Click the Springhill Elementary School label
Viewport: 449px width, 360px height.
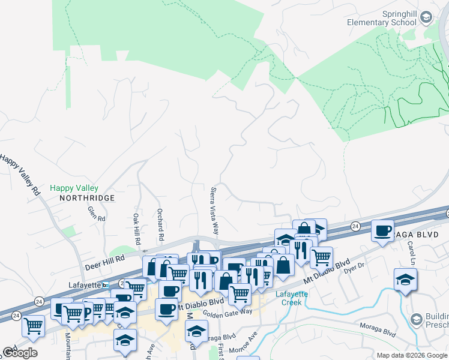pos(382,18)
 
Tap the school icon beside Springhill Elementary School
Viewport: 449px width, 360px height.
pos(426,17)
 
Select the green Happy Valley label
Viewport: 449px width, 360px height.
pos(74,188)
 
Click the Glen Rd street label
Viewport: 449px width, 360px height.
pos(96,214)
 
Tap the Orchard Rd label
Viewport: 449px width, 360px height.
pos(160,225)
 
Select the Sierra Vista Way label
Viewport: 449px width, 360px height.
pos(214,211)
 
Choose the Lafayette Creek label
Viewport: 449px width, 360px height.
pos(292,298)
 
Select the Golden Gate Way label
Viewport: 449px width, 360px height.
pos(228,312)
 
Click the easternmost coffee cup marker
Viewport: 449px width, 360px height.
pos(382,231)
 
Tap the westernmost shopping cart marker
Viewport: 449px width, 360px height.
pos(33,326)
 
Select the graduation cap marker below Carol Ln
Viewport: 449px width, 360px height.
pos(406,280)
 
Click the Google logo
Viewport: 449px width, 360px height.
pos(20,353)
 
